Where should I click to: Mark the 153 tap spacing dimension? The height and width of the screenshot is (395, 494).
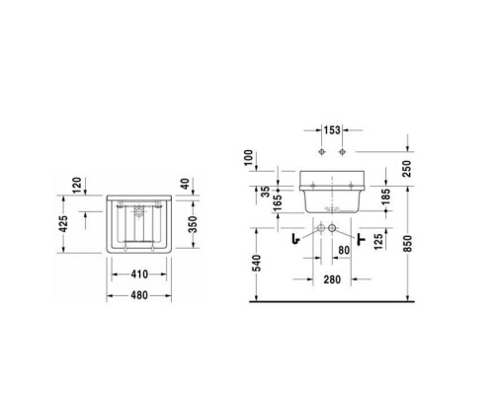tap(331, 130)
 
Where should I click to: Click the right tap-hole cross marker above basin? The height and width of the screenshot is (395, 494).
tap(344, 153)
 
